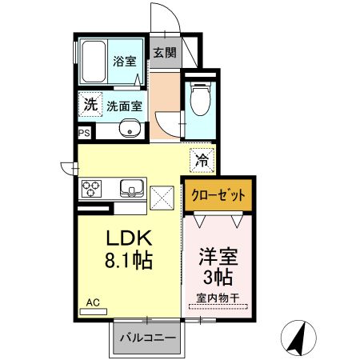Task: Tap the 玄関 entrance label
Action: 164,53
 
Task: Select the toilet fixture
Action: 199,101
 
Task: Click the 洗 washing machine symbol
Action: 91,104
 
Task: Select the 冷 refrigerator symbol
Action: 202,158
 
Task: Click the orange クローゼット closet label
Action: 218,195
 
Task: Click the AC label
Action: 93,302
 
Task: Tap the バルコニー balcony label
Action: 148,338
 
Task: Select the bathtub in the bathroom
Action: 93,60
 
